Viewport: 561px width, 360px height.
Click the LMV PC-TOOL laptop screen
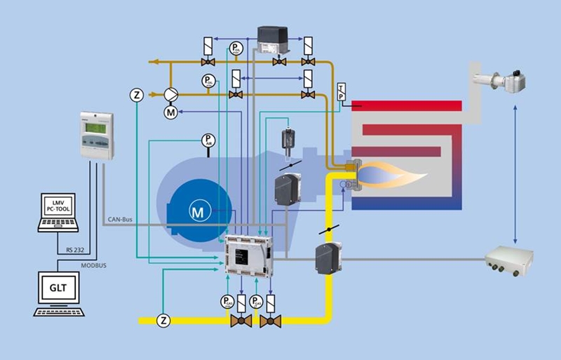[x=59, y=207]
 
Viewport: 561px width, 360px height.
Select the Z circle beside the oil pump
[x=137, y=94]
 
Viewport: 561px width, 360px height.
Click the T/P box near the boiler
[x=342, y=92]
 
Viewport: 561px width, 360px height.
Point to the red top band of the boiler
[x=407, y=106]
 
